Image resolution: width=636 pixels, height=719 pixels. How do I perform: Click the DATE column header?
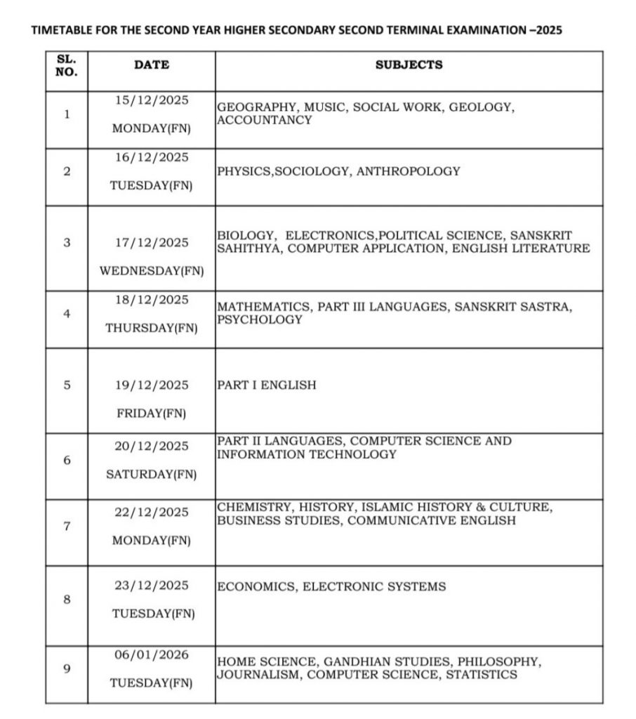pyautogui.click(x=151, y=65)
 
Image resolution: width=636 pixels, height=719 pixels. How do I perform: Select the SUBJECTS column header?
pyautogui.click(x=409, y=65)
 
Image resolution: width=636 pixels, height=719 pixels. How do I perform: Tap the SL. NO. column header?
pyautogui.click(x=67, y=65)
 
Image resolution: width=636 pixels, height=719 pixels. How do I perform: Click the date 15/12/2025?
pyautogui.click(x=152, y=100)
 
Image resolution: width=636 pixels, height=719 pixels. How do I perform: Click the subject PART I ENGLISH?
pyautogui.click(x=267, y=385)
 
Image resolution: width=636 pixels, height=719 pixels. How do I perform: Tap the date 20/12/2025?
pyautogui.click(x=152, y=447)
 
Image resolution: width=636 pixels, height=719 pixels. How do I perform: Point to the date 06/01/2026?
pyautogui.click(x=152, y=654)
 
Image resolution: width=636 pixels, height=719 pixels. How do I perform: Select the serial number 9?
pyautogui.click(x=67, y=668)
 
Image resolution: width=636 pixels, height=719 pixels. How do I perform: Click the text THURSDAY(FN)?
pyautogui.click(x=152, y=328)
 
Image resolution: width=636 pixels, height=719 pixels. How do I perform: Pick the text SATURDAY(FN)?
pyautogui.click(x=152, y=475)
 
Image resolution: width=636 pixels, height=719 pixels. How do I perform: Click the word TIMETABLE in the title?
pyautogui.click(x=55, y=31)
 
